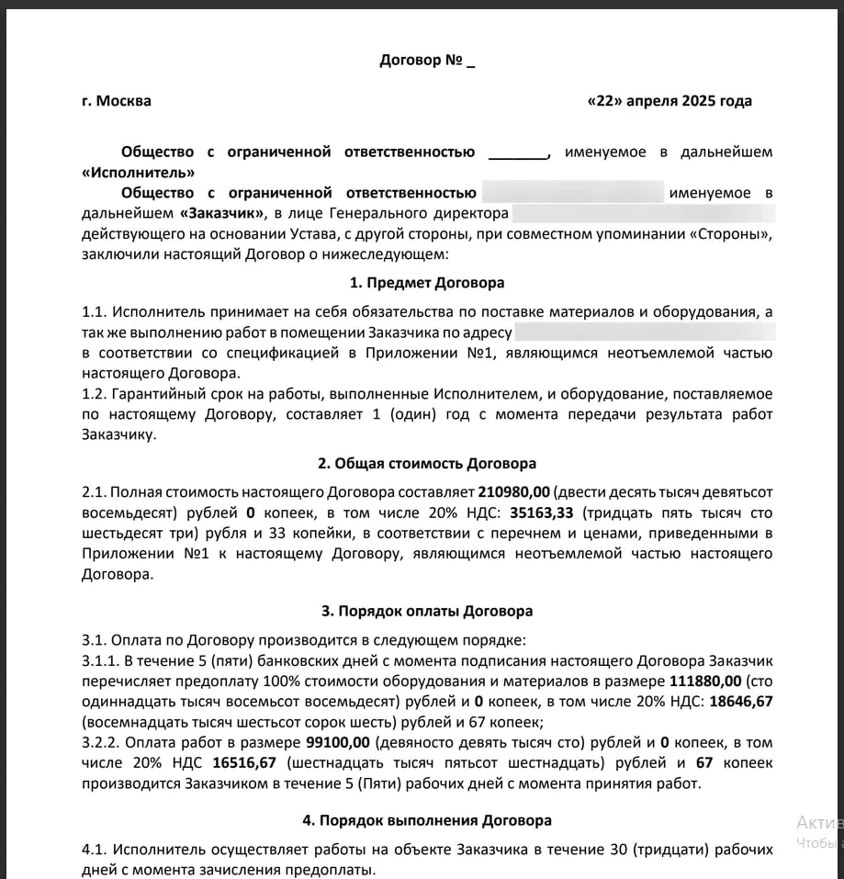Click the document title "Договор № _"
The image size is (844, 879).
point(427,62)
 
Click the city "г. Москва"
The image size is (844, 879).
point(116,101)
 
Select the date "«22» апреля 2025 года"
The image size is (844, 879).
point(669,101)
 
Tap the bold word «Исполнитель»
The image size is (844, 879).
point(138,173)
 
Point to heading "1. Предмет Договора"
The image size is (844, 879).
point(427,283)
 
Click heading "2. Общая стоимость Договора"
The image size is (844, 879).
point(427,463)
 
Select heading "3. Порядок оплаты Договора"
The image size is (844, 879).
point(427,610)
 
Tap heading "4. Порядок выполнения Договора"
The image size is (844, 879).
point(427,819)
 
